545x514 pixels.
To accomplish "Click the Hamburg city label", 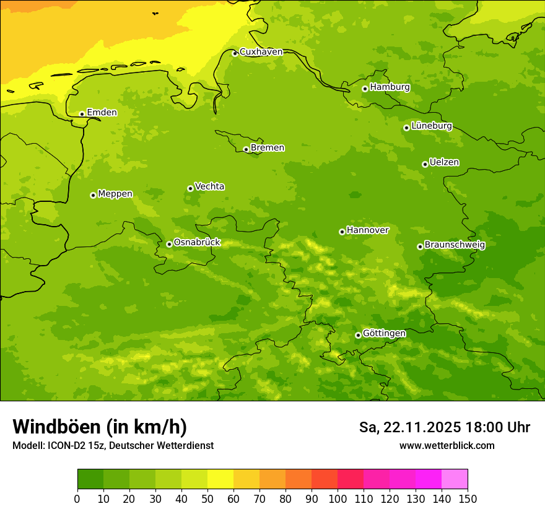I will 390,87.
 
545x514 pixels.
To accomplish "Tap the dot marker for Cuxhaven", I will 235,54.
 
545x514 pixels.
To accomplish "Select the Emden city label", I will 102,113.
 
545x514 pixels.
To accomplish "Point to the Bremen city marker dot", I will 246,149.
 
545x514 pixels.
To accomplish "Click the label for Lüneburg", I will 431,126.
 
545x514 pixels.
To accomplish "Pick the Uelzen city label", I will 444,162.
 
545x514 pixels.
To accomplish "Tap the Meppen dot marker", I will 93,195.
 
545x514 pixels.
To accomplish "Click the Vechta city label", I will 209,186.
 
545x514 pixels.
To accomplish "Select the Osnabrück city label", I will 196,242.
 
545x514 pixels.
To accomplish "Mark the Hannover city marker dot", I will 342,232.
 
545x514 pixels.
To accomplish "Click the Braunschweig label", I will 455,245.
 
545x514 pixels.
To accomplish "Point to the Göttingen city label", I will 384,333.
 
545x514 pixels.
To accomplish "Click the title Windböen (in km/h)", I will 100,427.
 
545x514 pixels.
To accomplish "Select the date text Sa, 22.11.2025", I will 409,427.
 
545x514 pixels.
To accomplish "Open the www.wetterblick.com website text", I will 447,446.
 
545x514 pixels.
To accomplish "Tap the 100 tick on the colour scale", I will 338,499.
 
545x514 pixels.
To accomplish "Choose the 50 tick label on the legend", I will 207,499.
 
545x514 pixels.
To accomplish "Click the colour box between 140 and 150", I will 455,479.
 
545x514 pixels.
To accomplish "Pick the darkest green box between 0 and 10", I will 90,479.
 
